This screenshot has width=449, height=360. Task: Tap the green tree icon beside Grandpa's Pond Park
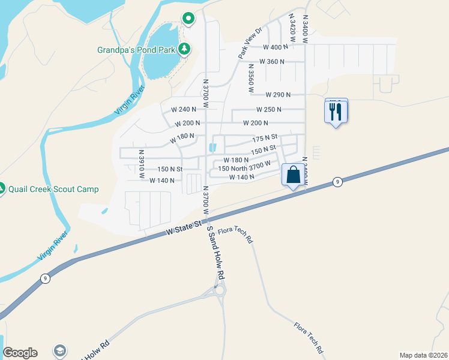(x=184, y=49)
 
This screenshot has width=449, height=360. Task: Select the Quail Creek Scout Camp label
(x=53, y=189)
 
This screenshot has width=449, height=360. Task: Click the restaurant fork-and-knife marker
(x=336, y=111)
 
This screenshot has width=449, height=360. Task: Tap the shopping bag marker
(x=294, y=175)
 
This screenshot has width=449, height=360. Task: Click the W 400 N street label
(x=276, y=47)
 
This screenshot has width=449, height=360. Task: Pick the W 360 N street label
(x=272, y=62)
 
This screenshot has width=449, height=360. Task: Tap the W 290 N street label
(x=278, y=95)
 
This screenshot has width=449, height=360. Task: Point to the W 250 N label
(x=269, y=110)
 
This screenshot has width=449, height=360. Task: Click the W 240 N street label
(x=184, y=110)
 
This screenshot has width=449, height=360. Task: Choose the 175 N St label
(x=265, y=139)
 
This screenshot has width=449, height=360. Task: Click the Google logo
(x=20, y=353)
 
